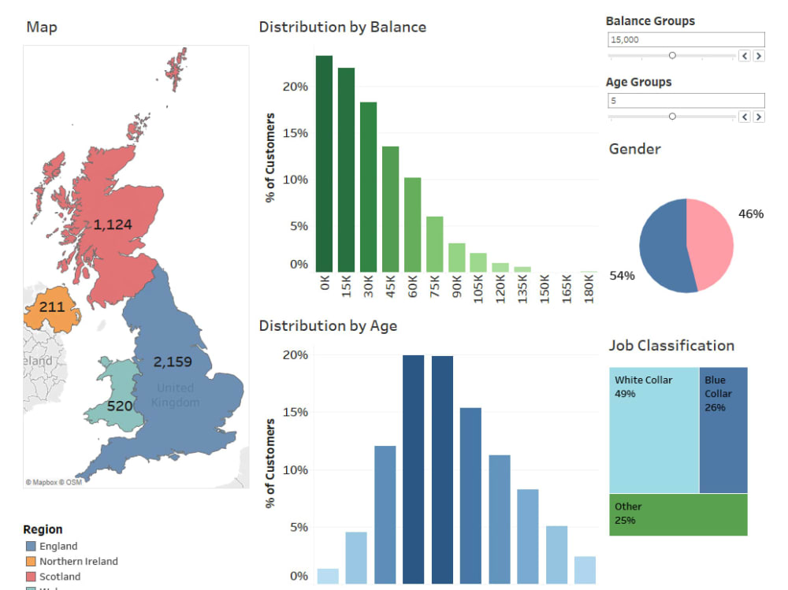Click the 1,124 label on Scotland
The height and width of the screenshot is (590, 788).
tap(113, 225)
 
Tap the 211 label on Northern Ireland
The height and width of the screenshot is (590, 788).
tap(52, 306)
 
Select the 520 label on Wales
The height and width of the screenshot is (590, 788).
tap(120, 406)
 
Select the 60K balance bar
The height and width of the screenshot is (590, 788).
tap(412, 224)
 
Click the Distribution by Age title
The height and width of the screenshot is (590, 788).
tap(328, 325)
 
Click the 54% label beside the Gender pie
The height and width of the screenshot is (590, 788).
tap(622, 276)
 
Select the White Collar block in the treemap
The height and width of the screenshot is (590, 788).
tap(653, 430)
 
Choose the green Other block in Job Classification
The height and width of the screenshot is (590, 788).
tap(678, 515)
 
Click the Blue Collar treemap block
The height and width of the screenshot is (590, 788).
tap(723, 430)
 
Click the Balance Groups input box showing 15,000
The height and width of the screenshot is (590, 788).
tap(686, 39)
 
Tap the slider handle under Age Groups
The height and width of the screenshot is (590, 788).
tap(672, 117)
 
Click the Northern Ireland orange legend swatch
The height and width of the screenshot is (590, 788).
tap(31, 562)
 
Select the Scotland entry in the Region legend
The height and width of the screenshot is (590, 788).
tap(59, 577)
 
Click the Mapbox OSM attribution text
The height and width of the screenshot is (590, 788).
tap(54, 482)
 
